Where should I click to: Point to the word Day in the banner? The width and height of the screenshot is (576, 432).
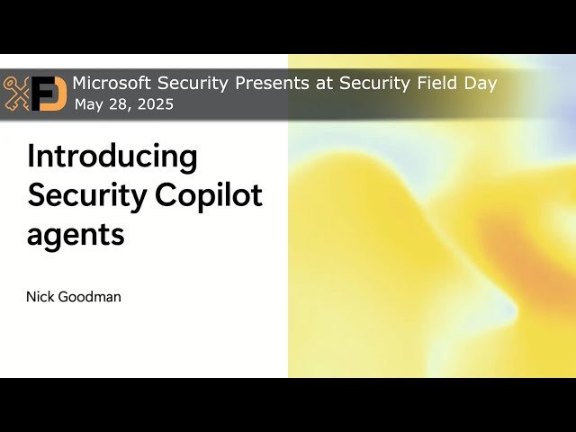(x=479, y=83)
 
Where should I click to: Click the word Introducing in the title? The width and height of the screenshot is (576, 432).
(x=112, y=157)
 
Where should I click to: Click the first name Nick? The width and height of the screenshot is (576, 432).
(x=40, y=296)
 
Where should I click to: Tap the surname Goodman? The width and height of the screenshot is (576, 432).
(x=90, y=296)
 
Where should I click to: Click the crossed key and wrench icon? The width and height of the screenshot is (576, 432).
(x=18, y=93)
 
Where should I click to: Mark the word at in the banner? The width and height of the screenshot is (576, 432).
(x=310, y=83)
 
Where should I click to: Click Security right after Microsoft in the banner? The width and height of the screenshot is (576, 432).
(x=189, y=83)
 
